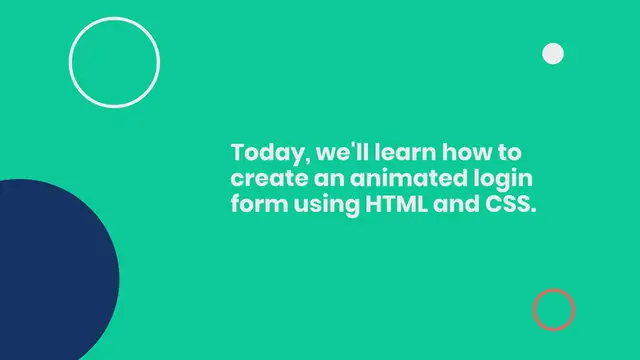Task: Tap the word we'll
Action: (x=330, y=155)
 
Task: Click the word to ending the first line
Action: (x=510, y=155)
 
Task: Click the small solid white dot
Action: (x=552, y=53)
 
